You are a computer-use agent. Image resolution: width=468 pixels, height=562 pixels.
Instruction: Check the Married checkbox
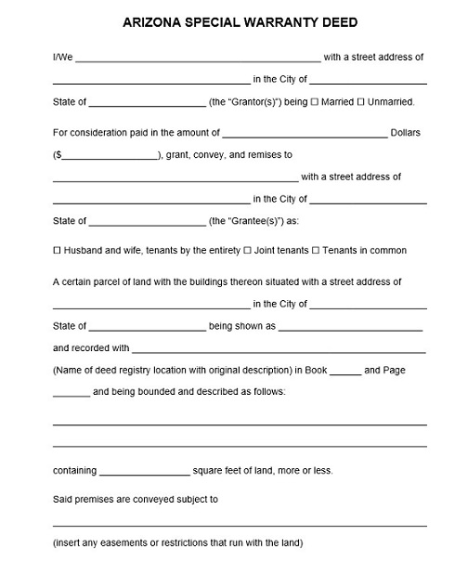click(x=315, y=102)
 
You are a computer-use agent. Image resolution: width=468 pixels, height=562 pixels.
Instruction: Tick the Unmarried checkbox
click(x=361, y=102)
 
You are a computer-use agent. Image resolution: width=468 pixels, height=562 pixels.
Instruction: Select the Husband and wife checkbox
click(x=57, y=251)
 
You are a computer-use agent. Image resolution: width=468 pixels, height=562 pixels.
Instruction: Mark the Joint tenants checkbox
click(x=248, y=251)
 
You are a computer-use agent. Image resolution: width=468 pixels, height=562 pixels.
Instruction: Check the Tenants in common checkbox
click(x=316, y=251)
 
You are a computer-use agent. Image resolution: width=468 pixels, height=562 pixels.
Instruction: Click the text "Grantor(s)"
click(x=240, y=102)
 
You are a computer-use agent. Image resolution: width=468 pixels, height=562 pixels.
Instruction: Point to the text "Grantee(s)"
click(x=240, y=221)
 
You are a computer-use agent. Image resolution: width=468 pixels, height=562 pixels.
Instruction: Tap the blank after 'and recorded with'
click(x=279, y=350)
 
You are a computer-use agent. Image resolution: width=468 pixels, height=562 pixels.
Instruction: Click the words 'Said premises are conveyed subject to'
click(x=136, y=499)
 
